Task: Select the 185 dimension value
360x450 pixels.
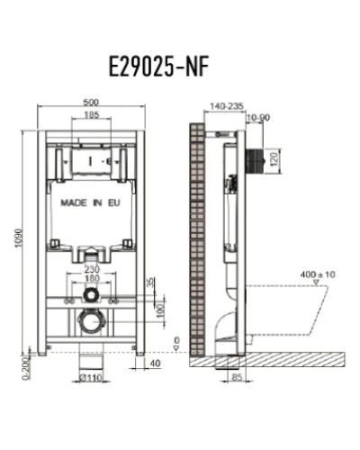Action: (x=91, y=116)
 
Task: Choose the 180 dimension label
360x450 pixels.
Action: (x=91, y=278)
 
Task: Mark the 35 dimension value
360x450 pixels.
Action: (x=150, y=283)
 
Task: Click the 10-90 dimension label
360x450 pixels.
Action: (x=257, y=117)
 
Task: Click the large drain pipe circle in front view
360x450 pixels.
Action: (x=90, y=319)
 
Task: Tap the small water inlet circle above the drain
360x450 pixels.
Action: (x=90, y=294)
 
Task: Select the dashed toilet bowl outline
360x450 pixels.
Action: (x=297, y=310)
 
